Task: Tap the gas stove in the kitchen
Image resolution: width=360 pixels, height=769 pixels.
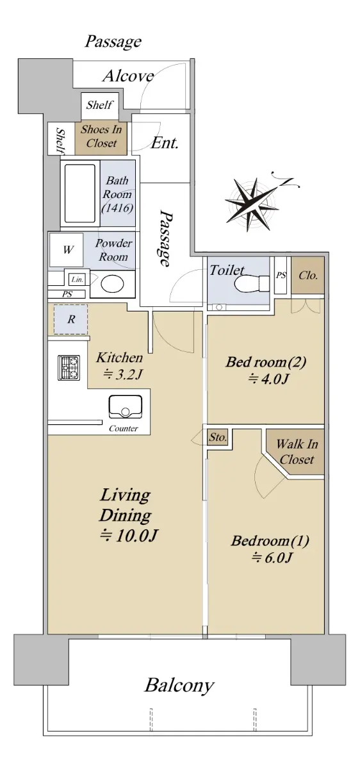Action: pos(69,367)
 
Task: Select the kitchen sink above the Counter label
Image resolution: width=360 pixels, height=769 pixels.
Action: pos(126,408)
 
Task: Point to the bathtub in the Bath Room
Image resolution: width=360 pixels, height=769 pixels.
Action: pos(80,194)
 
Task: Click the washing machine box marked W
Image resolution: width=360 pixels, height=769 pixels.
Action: pos(66,249)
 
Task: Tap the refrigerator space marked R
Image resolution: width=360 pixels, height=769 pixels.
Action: pos(71,319)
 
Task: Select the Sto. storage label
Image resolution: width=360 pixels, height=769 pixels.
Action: pos(218,437)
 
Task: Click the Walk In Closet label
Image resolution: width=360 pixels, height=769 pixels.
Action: pos(297,452)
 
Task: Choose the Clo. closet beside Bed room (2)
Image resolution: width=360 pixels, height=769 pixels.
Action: pos(308,276)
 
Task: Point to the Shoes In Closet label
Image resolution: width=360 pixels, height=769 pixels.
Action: pos(101,136)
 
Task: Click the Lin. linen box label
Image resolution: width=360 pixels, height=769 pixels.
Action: pos(78,279)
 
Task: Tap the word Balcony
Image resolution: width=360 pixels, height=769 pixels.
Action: pos(179,685)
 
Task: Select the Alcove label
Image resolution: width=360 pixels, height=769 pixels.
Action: pos(128,76)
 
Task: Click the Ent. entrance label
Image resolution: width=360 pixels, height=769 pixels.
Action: pos(165,143)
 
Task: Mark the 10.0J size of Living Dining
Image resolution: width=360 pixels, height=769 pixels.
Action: pos(129,536)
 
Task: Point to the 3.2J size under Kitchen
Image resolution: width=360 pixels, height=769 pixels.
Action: pos(122,374)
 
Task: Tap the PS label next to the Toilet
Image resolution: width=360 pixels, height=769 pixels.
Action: pos(281,275)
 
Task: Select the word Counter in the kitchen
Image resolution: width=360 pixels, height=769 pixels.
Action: pos(124,429)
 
